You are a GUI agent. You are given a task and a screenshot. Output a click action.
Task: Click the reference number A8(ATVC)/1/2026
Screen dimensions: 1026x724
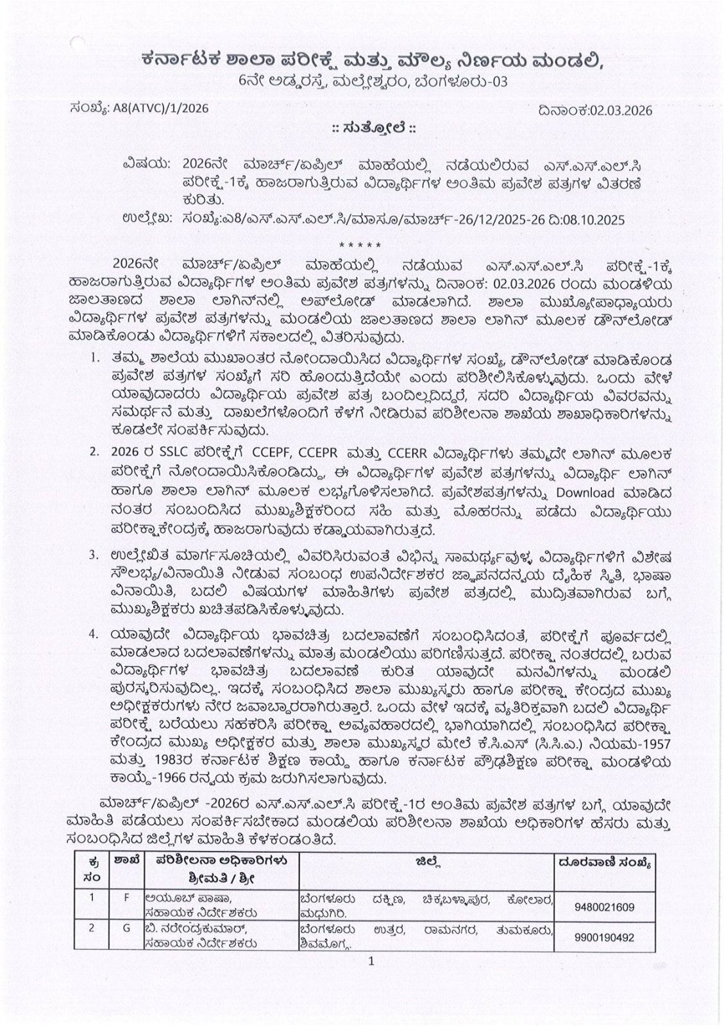(160, 108)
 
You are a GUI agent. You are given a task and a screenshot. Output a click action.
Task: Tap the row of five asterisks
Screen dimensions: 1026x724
(360, 245)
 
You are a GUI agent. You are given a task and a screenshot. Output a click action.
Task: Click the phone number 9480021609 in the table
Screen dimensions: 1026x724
(604, 907)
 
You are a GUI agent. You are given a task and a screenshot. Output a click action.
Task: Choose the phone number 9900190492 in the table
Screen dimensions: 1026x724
(604, 937)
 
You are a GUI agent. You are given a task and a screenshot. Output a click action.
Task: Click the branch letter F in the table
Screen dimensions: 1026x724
(126, 897)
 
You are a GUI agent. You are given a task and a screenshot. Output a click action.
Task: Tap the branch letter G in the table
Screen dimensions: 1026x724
(126, 927)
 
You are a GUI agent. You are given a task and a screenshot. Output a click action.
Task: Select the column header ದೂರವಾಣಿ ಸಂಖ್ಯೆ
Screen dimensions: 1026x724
(604, 863)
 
